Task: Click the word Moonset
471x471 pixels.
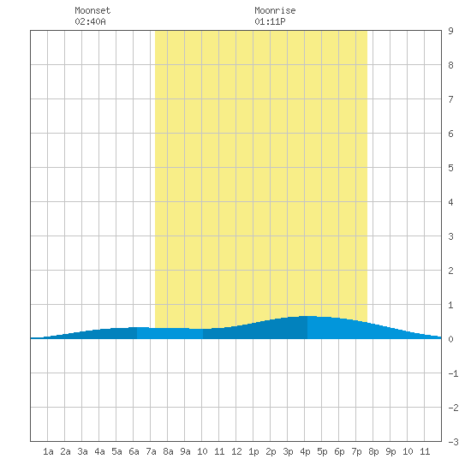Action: (92, 10)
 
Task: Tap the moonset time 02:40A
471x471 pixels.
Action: (90, 21)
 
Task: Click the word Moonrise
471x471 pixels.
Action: (275, 10)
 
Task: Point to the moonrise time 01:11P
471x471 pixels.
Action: (270, 21)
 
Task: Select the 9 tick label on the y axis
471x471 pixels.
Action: (450, 31)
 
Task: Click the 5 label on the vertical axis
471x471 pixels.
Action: (450, 168)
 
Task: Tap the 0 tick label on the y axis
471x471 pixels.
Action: (450, 339)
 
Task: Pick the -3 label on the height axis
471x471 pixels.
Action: (453, 442)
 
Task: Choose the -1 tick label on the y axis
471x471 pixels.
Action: (453, 373)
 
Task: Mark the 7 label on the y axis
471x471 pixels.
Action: (450, 99)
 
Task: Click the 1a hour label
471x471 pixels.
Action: (48, 451)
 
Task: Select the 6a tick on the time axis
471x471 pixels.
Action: (134, 451)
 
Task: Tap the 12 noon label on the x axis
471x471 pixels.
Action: (236, 451)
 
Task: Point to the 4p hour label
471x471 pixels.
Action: (305, 451)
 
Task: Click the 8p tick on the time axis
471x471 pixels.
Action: (373, 451)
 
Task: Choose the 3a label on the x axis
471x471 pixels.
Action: (82, 451)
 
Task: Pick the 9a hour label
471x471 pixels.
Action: (185, 451)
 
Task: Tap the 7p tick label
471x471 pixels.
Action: (356, 451)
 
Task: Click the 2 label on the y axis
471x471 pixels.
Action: (450, 271)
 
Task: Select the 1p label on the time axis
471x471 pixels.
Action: (253, 451)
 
